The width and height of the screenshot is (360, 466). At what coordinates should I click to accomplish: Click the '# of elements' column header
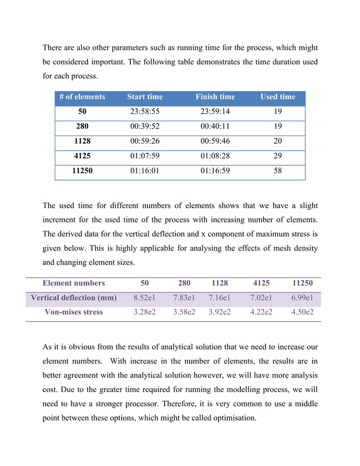coord(82,97)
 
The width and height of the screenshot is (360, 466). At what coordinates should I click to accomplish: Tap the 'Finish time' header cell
coord(215,97)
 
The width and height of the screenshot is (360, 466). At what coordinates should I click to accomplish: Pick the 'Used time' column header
coord(278,97)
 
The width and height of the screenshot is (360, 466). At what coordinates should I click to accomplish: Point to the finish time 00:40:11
coord(215,126)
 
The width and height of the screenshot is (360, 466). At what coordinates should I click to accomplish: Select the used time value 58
coord(278,170)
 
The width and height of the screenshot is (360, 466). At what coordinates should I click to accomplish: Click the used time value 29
coord(278,156)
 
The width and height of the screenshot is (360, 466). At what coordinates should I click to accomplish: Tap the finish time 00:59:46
coord(215,141)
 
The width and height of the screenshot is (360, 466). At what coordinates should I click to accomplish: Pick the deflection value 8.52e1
coord(144,298)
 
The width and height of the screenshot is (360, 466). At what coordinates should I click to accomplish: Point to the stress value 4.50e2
coord(302,312)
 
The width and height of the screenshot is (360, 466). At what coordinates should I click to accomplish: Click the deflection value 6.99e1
coord(302,298)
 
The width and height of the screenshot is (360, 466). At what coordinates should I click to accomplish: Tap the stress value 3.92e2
coord(219,312)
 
